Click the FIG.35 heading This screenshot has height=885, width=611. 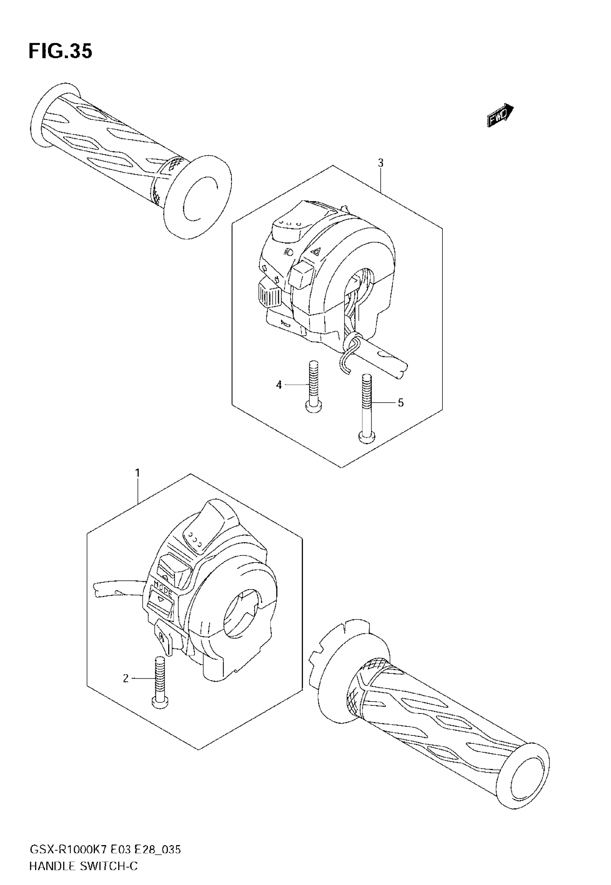[x=60, y=51]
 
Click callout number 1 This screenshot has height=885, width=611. [x=137, y=473]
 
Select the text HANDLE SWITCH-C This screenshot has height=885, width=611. [x=83, y=866]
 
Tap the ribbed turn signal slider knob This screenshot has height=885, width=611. [x=270, y=294]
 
